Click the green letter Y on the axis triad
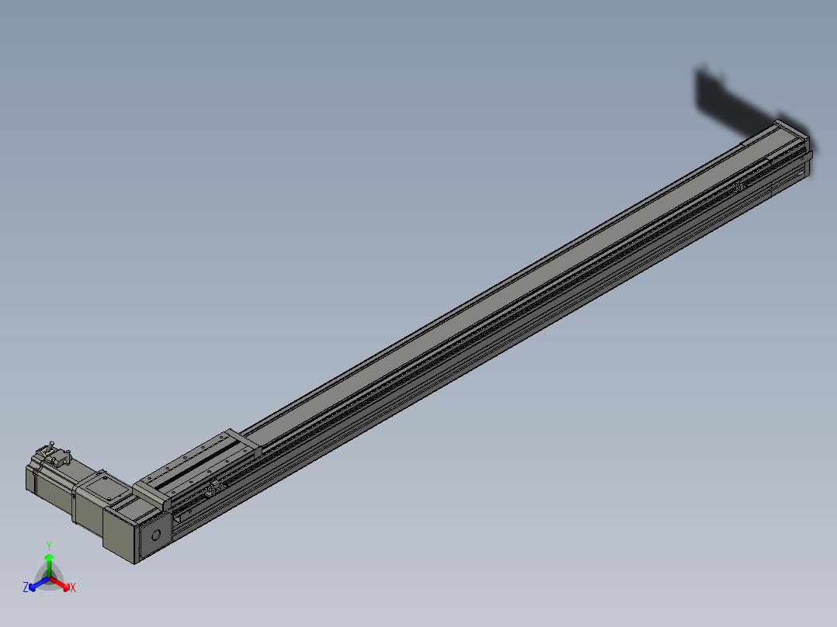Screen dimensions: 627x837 point(48,546)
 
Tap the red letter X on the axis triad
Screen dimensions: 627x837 point(73,588)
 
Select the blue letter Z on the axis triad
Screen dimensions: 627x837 point(26,588)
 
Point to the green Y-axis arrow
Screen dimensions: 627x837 point(49,563)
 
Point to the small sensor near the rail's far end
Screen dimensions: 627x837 point(741,186)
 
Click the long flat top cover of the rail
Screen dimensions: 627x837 point(505,287)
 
